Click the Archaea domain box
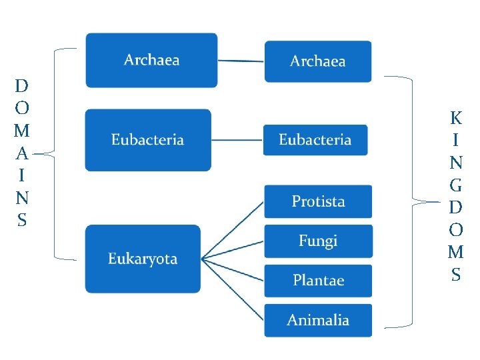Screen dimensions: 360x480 coord(151,60)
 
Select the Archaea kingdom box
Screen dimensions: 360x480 coord(317,61)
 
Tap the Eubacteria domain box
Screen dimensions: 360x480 coord(147,140)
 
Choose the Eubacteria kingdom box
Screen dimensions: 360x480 coord(315,140)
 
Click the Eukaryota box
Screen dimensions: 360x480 coord(143,259)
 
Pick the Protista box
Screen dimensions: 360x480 coord(318,201)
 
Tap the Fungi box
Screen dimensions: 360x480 coord(318,241)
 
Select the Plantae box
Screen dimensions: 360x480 coord(318,280)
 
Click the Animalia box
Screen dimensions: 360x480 coord(318,320)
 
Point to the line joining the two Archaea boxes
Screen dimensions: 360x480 coord(241,61)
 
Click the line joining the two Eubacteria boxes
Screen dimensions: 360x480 coord(237,140)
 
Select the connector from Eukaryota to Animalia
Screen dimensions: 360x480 coord(233,289)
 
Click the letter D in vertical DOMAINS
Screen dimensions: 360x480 coord(21,86)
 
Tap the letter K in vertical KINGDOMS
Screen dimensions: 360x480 coord(456,119)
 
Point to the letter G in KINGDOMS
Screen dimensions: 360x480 coord(456,185)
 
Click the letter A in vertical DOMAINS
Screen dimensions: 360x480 coord(21,153)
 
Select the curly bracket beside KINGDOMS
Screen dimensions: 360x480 coord(413,200)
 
